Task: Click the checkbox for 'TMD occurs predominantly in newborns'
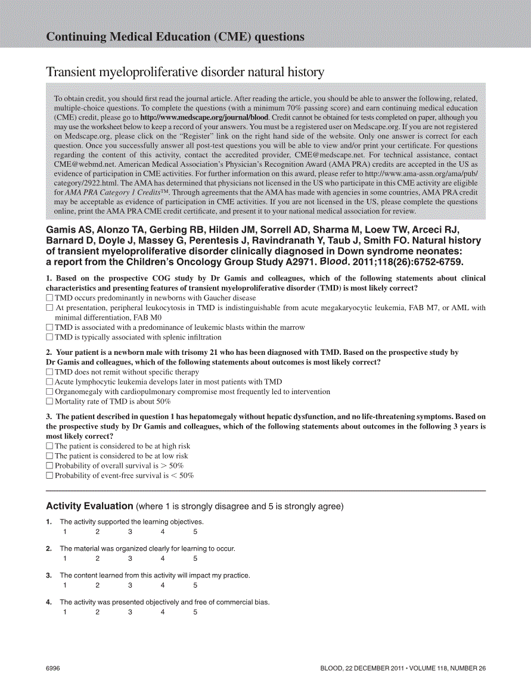coord(49,298)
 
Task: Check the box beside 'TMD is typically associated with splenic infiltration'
coord(49,337)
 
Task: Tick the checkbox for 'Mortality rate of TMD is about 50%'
coord(49,401)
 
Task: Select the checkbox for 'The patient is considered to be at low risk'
coord(49,456)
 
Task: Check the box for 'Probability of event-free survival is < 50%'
coord(49,476)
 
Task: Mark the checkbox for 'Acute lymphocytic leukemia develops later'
coord(49,382)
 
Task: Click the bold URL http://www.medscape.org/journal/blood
coord(204,118)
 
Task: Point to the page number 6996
coord(53,669)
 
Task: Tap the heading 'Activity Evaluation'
coord(89,506)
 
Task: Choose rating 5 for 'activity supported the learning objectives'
coord(195,532)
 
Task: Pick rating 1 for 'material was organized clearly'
coord(65,558)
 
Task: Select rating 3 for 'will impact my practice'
coord(130,585)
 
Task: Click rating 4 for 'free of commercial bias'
coord(163,612)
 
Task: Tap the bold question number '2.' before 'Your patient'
coord(50,352)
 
